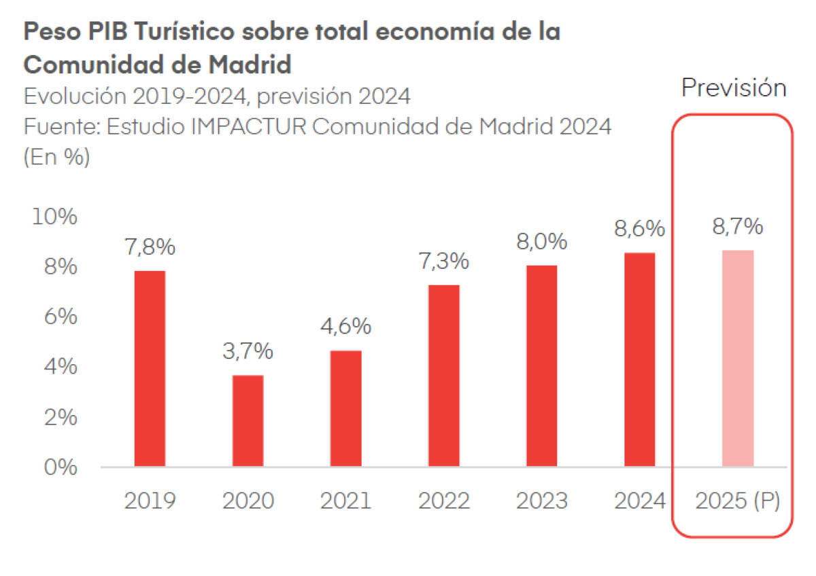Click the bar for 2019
pyautogui.click(x=150, y=368)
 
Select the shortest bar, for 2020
pyautogui.click(x=248, y=420)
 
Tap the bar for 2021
pyautogui.click(x=345, y=408)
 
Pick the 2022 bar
pyautogui.click(x=443, y=376)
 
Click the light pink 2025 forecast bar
pyautogui.click(x=737, y=358)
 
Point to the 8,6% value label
pyautogui.click(x=639, y=229)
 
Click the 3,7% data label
pyautogui.click(x=248, y=351)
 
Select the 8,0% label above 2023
pyautogui.click(x=541, y=242)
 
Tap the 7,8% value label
pyautogui.click(x=150, y=247)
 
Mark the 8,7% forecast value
pyautogui.click(x=737, y=227)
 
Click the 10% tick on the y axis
pyautogui.click(x=54, y=217)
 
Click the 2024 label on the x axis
pyautogui.click(x=639, y=501)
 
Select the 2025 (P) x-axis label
pyautogui.click(x=737, y=501)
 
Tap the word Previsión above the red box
pyautogui.click(x=734, y=88)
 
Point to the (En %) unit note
pyautogui.click(x=56, y=158)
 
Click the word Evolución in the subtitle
pyautogui.click(x=74, y=97)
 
